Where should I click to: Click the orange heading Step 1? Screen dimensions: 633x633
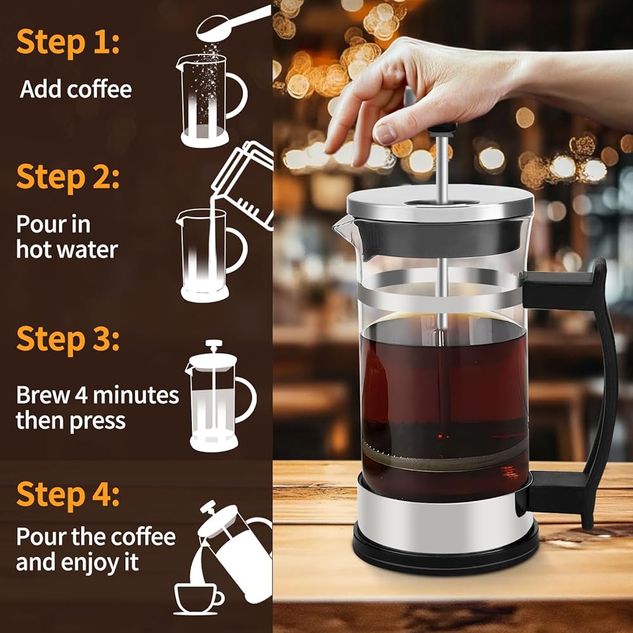coord(68,42)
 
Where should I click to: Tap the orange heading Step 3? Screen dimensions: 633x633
coord(68,339)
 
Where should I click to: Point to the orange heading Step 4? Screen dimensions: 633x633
coord(68,494)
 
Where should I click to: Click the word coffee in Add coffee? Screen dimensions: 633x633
coord(99,89)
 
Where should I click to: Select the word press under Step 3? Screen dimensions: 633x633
coord(97,422)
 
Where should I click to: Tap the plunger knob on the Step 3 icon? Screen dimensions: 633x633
coord(213,344)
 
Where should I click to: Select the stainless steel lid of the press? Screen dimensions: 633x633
coord(441,203)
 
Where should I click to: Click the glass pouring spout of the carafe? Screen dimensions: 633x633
coord(343,227)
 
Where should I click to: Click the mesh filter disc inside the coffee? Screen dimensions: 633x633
coord(444,458)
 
